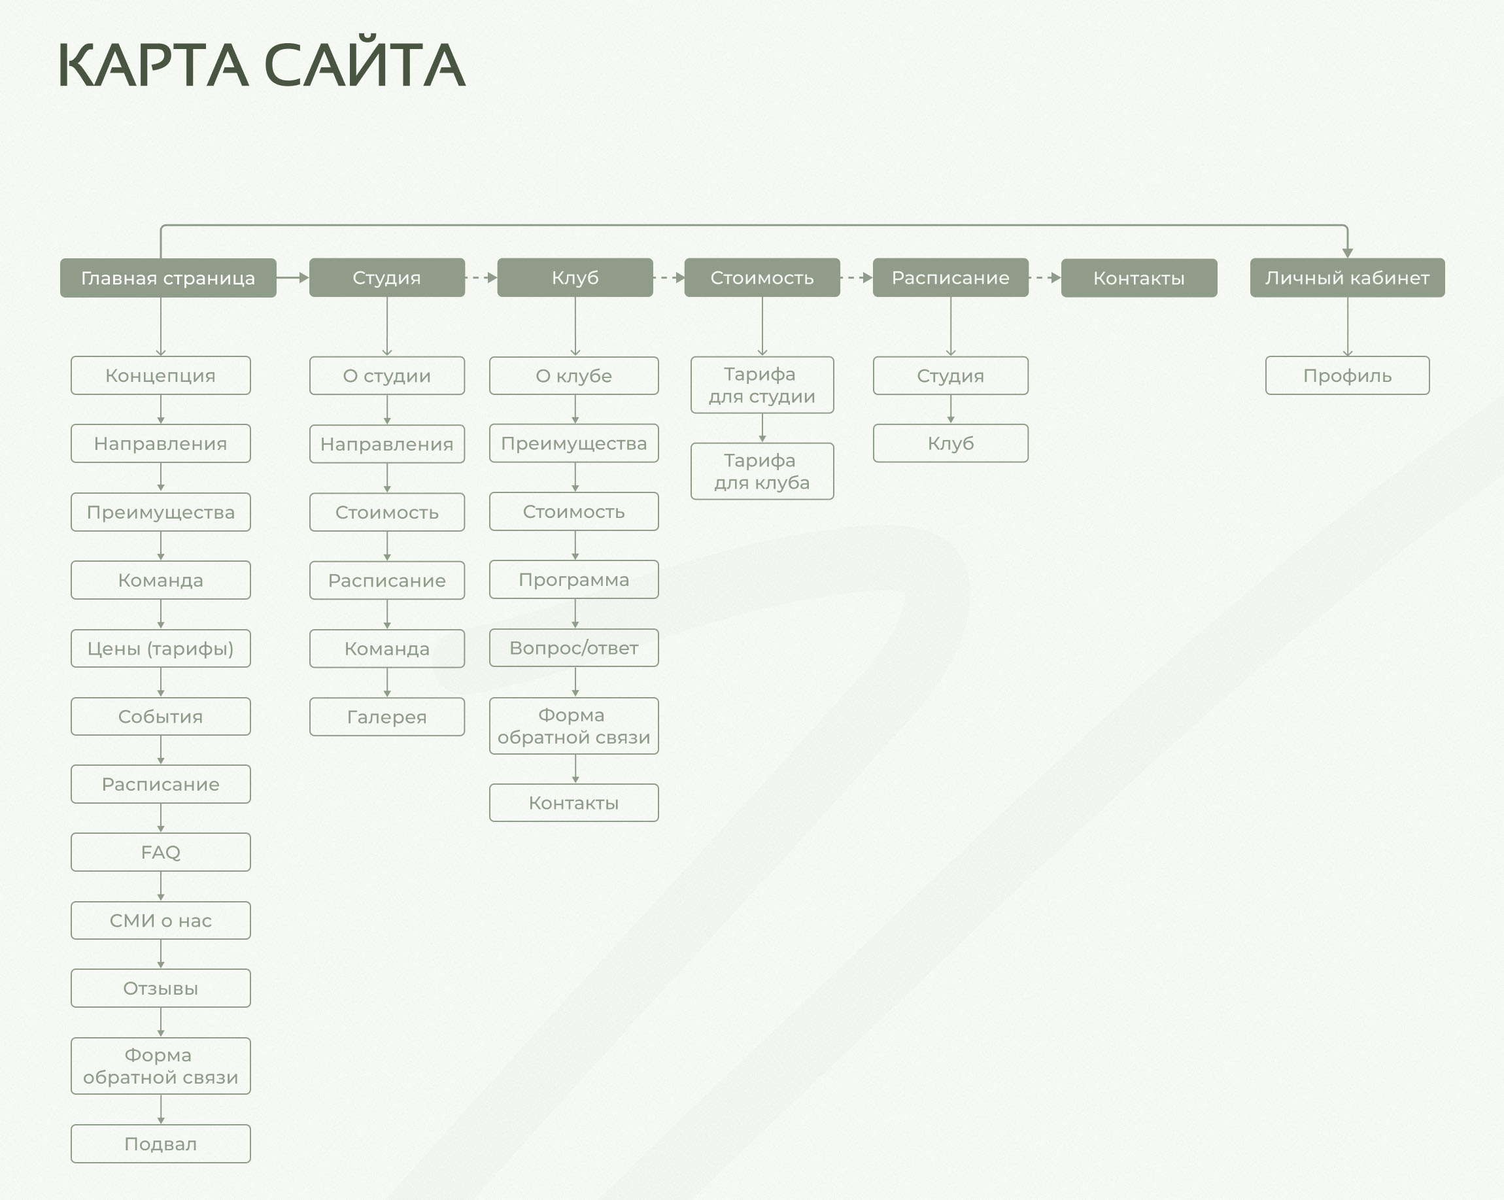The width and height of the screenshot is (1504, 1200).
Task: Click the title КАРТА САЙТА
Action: click(x=261, y=65)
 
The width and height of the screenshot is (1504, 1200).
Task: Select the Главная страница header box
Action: click(x=167, y=278)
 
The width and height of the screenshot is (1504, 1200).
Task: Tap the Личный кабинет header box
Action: click(x=1346, y=278)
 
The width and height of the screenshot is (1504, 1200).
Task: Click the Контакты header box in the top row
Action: click(x=1138, y=278)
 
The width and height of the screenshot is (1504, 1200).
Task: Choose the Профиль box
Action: click(x=1346, y=375)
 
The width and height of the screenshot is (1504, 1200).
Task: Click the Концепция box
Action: click(x=160, y=375)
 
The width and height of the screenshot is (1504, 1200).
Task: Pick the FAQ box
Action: click(x=160, y=852)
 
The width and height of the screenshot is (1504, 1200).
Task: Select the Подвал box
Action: click(x=160, y=1144)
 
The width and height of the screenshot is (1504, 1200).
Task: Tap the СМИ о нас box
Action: click(x=160, y=920)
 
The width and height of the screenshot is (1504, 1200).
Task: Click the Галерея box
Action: click(x=386, y=717)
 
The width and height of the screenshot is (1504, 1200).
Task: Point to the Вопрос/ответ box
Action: click(x=573, y=647)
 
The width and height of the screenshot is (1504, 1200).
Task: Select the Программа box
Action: click(x=573, y=579)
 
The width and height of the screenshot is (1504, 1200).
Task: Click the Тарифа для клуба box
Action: click(x=762, y=471)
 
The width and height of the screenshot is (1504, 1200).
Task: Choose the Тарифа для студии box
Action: click(x=762, y=385)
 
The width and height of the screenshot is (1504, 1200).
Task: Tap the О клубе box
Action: click(x=573, y=375)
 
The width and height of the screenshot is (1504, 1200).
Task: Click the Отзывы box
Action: click(x=160, y=988)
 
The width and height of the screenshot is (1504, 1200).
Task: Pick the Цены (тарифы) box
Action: click(x=160, y=648)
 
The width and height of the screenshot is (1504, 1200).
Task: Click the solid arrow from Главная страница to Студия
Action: click(x=293, y=278)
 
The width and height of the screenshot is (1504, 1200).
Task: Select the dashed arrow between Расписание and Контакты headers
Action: click(x=1045, y=278)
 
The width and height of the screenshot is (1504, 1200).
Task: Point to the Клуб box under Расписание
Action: click(x=950, y=443)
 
